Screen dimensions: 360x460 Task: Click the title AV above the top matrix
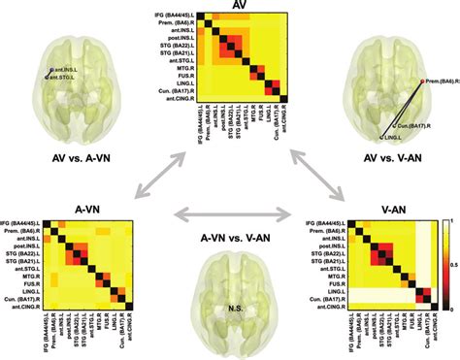[x=238, y=6]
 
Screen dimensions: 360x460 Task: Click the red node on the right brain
[x=420, y=82]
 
